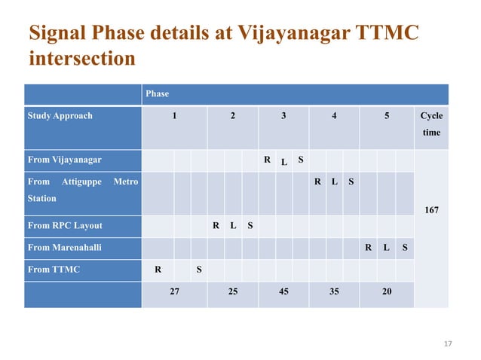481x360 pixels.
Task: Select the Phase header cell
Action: pos(158,94)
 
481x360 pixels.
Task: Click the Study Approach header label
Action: pos(60,116)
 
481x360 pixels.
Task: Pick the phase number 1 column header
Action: pos(174,116)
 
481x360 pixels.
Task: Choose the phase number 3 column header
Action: pos(283,116)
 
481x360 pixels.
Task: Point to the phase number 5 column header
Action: pos(386,116)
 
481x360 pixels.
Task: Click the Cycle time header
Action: pos(431,124)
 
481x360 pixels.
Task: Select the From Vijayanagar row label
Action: pos(64,160)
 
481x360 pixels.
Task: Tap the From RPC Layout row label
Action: pos(65,225)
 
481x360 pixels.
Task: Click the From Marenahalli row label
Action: pos(64,247)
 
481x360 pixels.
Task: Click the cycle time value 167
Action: pos(431,210)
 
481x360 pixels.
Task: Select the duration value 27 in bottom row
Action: pos(174,291)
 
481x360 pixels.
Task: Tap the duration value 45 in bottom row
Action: pos(283,291)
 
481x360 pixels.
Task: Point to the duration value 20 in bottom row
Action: pos(386,291)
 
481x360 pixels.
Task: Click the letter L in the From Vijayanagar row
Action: pos(283,163)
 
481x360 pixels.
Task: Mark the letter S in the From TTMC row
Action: pos(199,269)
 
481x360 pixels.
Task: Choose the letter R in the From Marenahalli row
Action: pos(368,247)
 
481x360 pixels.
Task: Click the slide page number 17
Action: pos(447,344)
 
